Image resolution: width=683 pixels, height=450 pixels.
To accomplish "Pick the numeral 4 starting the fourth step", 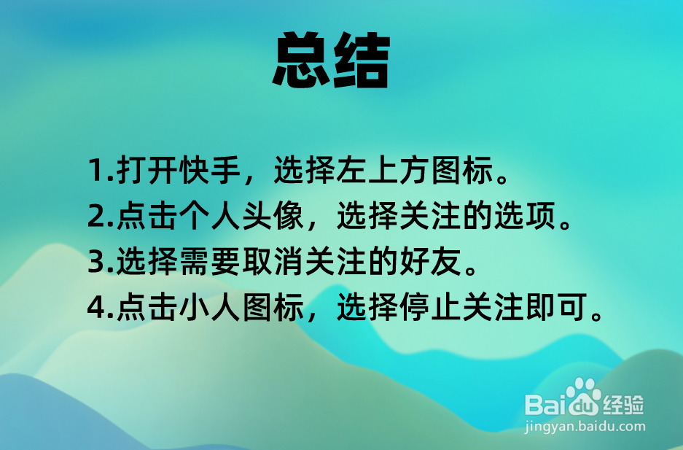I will (96, 309).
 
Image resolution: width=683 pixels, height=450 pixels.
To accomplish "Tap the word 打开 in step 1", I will (148, 173).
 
